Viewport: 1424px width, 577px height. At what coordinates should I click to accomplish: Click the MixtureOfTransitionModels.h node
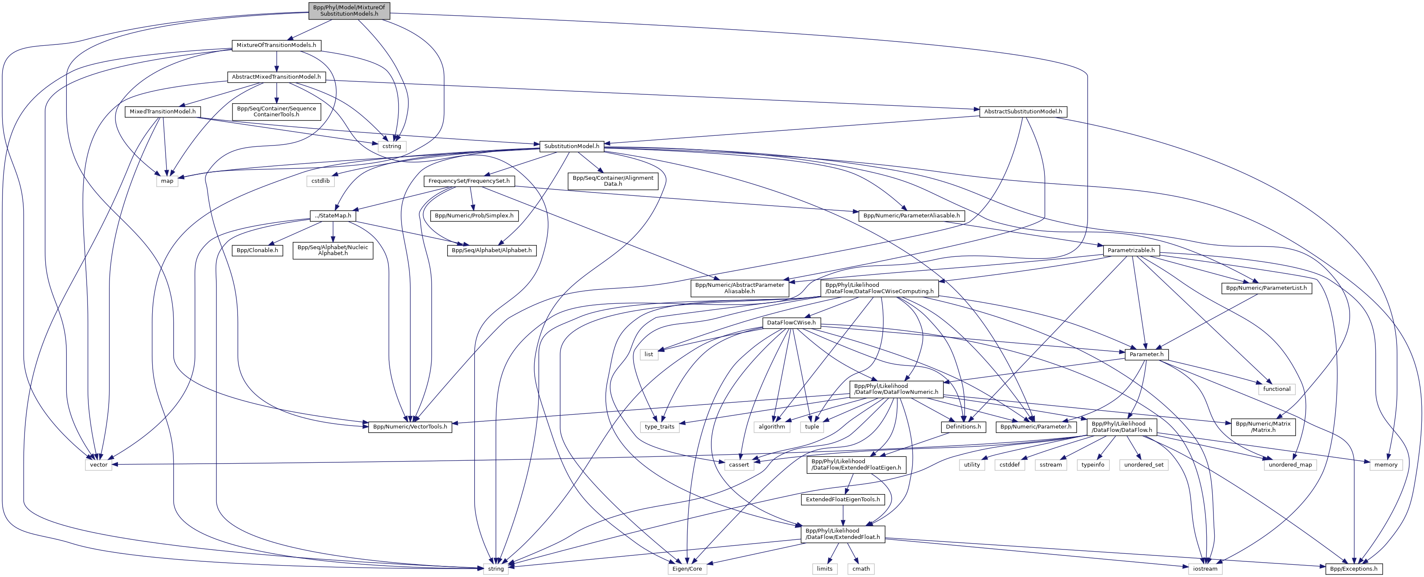point(276,45)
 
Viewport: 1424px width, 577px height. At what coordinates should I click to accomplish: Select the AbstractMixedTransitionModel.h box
point(276,77)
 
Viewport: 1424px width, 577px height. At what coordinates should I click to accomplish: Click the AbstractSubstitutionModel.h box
point(1023,112)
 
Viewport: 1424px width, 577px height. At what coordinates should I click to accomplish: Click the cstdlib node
point(320,181)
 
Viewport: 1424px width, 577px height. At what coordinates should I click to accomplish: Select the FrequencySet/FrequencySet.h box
point(469,181)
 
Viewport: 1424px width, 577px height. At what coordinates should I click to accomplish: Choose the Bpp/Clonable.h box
point(257,250)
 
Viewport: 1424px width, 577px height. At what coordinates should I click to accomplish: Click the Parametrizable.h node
point(1131,250)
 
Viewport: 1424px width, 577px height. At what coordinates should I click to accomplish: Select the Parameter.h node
point(1146,354)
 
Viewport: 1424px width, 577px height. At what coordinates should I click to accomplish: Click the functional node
point(1276,389)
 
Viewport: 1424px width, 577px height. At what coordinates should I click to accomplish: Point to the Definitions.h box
point(963,426)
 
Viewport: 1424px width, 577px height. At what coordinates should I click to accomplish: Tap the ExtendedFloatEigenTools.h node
point(842,500)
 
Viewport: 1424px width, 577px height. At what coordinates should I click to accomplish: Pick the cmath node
point(861,569)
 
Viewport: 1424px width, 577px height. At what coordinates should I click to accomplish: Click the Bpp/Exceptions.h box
point(1354,569)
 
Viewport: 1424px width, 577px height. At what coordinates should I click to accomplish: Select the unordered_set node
point(1144,465)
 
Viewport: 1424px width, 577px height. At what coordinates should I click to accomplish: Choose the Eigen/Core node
point(686,569)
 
